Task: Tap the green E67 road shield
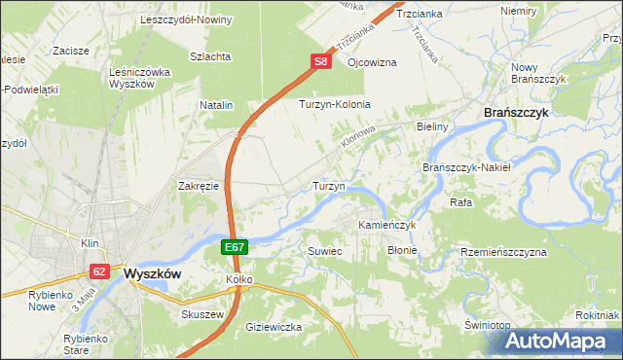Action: tap(235, 248)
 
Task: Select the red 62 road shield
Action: tap(99, 271)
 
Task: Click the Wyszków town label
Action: tap(153, 274)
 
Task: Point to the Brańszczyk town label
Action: tap(517, 113)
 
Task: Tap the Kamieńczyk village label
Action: tap(386, 225)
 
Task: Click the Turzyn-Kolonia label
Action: tap(335, 104)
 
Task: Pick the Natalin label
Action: tap(217, 104)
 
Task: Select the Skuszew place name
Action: tap(202, 315)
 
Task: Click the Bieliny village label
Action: tap(431, 126)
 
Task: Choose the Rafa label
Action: tap(460, 202)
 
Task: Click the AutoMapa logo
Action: tap(562, 342)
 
